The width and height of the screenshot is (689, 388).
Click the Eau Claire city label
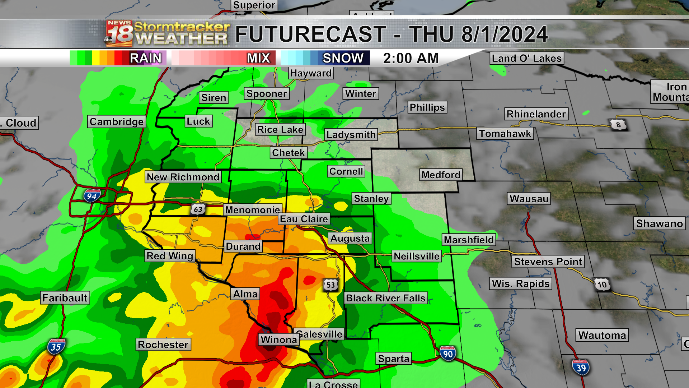304,219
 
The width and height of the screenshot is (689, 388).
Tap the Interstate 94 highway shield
92,196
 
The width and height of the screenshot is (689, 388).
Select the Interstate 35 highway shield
56,347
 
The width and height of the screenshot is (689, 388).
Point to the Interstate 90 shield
447,354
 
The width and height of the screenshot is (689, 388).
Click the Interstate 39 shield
581,368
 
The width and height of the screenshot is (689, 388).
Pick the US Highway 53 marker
331,285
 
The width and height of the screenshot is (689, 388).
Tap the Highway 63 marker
198,209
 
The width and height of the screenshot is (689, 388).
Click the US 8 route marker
618,125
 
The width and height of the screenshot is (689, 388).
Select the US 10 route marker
602,285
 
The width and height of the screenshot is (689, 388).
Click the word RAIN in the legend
145,58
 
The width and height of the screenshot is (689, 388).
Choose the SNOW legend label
343,58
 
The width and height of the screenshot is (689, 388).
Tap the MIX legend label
258,58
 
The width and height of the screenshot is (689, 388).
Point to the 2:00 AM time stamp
411,58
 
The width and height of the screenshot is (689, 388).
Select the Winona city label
279,339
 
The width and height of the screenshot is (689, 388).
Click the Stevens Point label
548,262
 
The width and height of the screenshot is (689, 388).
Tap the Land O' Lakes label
526,58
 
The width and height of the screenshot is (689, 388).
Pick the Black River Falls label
385,298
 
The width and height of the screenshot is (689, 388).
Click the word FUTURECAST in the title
310,34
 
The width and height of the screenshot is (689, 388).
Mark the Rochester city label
163,345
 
